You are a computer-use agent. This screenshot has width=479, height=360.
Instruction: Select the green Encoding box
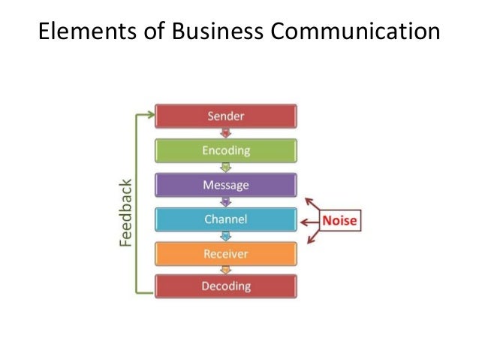(225, 150)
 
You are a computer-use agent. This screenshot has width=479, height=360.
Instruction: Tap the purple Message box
(225, 185)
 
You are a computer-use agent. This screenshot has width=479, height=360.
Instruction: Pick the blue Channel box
(225, 219)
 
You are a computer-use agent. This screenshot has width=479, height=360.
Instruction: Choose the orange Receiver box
(225, 253)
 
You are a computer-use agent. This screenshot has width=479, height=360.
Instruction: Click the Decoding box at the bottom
(225, 286)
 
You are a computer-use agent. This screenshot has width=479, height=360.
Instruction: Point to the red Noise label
(340, 221)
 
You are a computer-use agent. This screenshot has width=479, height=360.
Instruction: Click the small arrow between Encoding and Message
(225, 168)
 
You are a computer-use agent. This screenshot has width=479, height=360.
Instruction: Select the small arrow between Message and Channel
(225, 202)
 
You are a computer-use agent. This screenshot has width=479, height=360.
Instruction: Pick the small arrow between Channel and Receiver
(225, 236)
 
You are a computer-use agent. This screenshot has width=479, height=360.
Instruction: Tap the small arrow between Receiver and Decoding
(225, 270)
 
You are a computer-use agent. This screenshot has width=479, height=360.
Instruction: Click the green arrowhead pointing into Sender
(150, 114)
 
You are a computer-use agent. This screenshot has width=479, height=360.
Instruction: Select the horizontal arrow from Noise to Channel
(309, 221)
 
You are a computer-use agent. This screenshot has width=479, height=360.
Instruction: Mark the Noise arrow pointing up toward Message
(311, 204)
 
